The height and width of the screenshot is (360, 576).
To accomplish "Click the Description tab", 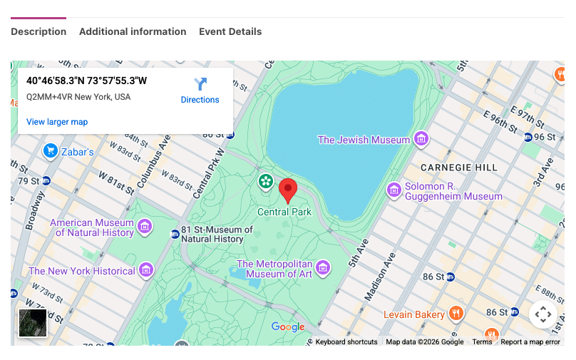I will point(38,31).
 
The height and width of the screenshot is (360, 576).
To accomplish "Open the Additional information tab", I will point(133,31).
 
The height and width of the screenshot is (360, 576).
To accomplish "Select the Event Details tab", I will point(230,31).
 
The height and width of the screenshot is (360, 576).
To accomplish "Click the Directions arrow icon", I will point(200,83).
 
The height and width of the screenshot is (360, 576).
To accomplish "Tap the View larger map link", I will point(57,122).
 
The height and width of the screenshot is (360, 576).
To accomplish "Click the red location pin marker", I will point(288,190).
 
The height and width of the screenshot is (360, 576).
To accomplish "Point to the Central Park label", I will point(284,212).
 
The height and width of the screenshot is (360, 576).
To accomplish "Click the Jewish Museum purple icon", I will point(421,139).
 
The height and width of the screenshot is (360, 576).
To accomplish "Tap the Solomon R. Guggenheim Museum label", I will point(453,191).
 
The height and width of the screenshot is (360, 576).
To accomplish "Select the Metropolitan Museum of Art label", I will point(274,269).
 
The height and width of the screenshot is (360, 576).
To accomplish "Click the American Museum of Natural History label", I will point(92,227).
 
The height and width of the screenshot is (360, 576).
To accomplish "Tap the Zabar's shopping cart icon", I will point(50,150).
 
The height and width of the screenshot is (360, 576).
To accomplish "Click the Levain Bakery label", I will point(414,314).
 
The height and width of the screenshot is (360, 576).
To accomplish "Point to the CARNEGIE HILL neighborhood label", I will point(458,167).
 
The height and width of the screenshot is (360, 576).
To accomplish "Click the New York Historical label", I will point(81,271).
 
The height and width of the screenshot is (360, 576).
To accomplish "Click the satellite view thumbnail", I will point(32,322).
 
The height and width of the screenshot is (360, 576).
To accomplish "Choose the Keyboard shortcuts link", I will point(346,342).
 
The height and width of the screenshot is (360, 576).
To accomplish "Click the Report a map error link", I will point(530,342).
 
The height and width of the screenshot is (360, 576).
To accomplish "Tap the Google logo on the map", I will point(288,327).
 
